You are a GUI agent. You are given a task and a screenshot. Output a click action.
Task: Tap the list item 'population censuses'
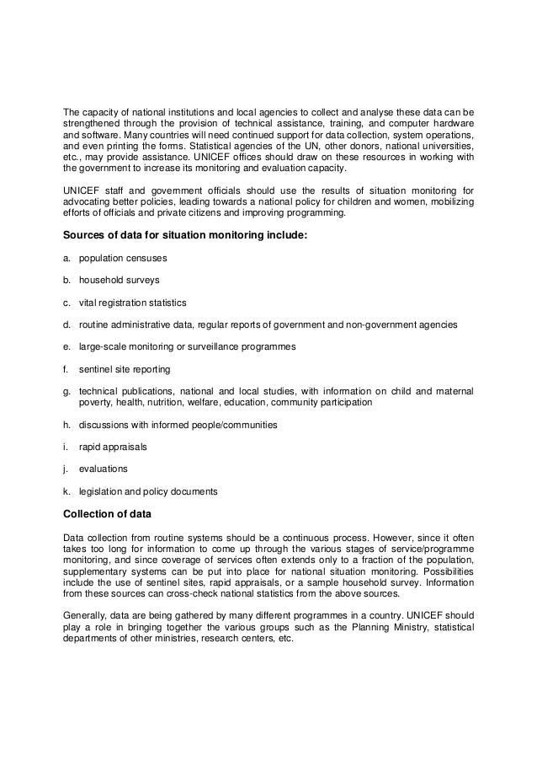tap(118, 259)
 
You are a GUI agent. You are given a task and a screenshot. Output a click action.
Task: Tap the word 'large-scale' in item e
tap(101, 346)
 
